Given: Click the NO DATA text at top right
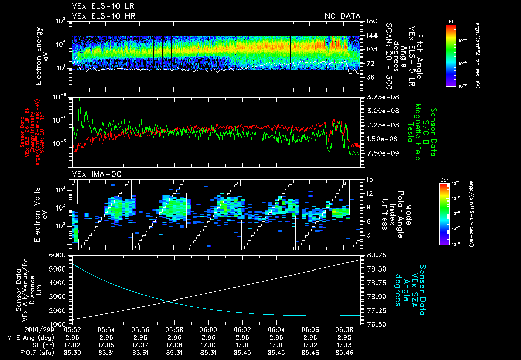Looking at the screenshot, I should [342, 16].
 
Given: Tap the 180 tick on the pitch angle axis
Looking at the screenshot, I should [370, 21].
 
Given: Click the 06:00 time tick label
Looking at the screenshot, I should [209, 329].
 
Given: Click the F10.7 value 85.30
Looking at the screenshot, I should [72, 352].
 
